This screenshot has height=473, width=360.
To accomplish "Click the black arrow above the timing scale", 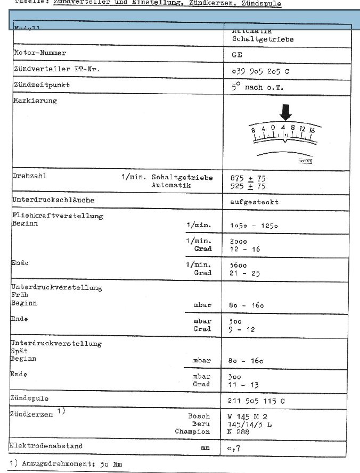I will tap(286, 112).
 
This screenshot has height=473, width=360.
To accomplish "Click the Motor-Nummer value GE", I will tap(237, 55).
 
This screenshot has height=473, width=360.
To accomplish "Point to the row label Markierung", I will tap(35, 101).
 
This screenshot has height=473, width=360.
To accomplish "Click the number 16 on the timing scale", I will tap(312, 130).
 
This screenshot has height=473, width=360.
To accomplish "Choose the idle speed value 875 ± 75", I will tap(248, 178).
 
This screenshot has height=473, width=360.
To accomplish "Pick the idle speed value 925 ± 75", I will tap(248, 186).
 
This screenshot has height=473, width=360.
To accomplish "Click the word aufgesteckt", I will tap(254, 202).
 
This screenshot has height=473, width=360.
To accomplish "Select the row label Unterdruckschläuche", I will tap(53, 200).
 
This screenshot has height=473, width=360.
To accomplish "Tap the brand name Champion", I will tap(192, 431).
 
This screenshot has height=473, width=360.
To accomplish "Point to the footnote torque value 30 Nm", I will tap(111, 464).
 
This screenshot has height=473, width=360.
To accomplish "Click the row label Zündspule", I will tap(29, 399).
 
